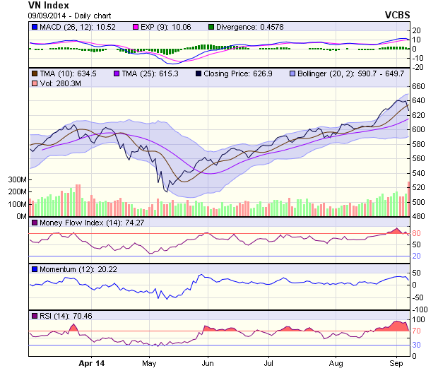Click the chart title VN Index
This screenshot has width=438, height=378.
(x=49, y=5)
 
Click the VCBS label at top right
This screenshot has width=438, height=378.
(x=397, y=14)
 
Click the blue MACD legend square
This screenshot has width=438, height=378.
(x=34, y=27)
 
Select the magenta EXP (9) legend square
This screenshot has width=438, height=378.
(x=136, y=27)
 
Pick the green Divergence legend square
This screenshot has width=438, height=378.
(x=211, y=27)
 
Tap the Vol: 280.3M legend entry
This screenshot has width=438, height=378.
(x=53, y=84)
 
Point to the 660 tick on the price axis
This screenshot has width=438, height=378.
(x=418, y=86)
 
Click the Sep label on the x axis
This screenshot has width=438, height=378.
(x=396, y=363)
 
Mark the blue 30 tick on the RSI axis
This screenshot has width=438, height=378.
(x=417, y=345)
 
